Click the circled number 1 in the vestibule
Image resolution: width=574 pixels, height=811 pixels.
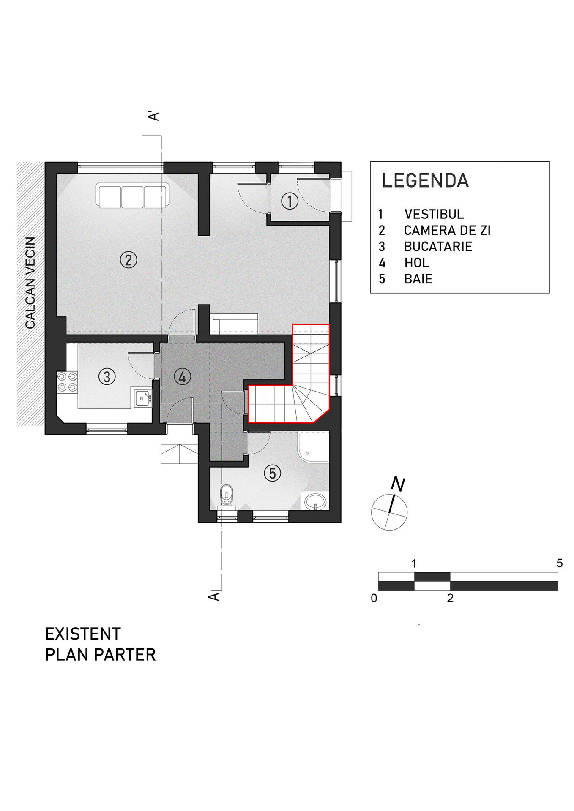290,201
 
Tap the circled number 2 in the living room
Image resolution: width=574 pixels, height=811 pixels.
128,260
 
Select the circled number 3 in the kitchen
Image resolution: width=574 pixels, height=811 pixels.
107,376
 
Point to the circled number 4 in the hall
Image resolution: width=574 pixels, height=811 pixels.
182,376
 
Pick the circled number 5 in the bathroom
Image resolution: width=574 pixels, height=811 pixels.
272,473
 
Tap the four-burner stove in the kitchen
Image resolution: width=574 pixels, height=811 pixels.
67,382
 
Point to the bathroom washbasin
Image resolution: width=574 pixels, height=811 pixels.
315,501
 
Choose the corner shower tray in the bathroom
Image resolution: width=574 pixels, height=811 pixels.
313,447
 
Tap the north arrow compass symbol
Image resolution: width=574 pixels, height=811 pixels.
390,511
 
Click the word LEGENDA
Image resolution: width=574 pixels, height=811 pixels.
425,181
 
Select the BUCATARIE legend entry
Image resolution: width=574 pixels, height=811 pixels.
438,247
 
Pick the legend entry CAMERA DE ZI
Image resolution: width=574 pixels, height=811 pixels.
447,231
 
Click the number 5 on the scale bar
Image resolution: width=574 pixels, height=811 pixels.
559,563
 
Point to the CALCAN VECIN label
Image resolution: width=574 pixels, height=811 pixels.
30,283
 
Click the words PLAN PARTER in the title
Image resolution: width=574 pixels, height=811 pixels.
101,655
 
